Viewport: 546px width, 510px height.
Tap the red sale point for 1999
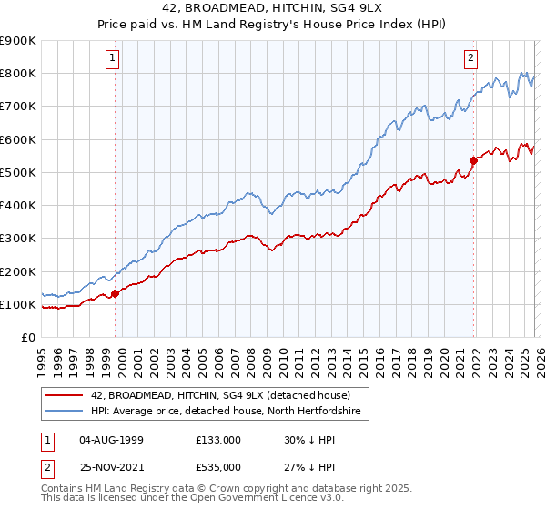tap(116, 293)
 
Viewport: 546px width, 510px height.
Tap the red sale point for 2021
tap(473, 160)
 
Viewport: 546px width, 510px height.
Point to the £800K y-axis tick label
tap(18, 73)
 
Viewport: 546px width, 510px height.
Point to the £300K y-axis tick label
tap(18, 239)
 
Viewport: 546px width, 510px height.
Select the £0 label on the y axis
tap(27, 338)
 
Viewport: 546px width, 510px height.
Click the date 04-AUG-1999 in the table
tap(111, 438)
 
